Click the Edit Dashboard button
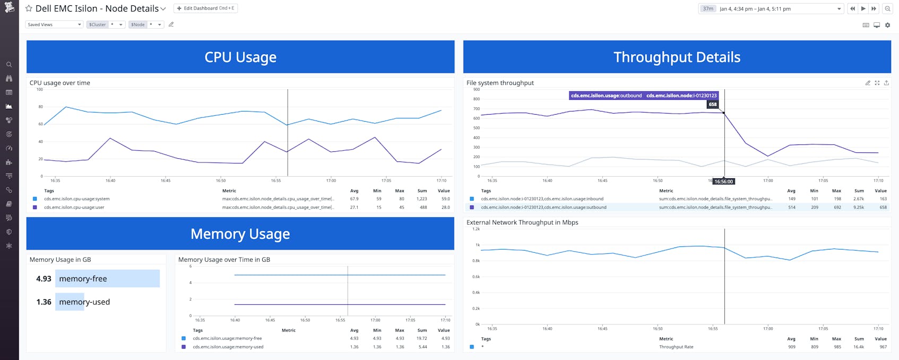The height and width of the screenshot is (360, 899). click(x=205, y=8)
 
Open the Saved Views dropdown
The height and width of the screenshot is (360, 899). click(x=54, y=24)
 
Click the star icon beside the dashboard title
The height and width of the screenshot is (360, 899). click(x=29, y=8)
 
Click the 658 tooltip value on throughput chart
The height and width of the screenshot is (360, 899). click(x=713, y=105)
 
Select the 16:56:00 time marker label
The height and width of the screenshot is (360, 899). click(x=723, y=182)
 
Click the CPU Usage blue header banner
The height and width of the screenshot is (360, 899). click(x=240, y=57)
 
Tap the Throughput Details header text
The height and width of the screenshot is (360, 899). click(x=677, y=57)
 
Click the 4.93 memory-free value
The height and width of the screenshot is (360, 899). click(x=44, y=279)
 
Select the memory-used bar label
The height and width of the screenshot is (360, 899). click(x=84, y=302)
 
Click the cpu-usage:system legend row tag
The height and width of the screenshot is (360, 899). click(x=77, y=199)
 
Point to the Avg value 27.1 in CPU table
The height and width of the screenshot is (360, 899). click(x=354, y=208)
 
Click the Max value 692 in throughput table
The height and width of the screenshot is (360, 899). click(x=837, y=208)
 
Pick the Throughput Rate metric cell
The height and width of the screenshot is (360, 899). click(x=676, y=347)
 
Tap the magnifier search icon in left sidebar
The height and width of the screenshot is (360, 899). click(x=9, y=65)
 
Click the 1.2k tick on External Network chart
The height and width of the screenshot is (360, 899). click(x=476, y=229)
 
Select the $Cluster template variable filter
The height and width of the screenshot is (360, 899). click(x=98, y=24)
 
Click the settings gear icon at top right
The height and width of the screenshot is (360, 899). click(x=887, y=25)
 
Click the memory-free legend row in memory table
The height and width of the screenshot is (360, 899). click(x=227, y=338)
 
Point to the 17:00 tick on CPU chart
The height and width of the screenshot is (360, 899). click(x=331, y=181)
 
